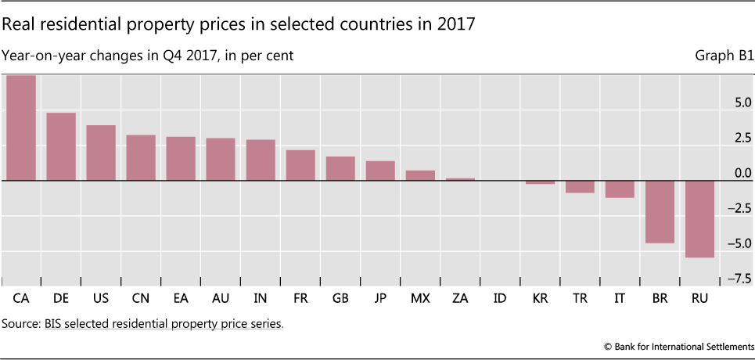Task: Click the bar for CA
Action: pos(21,128)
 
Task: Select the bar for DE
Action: pos(61,146)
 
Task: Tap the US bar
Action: pos(101,153)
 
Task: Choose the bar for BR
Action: pos(659,211)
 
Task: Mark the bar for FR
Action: pos(300,165)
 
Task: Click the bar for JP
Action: pos(380,171)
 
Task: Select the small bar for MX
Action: pos(420,175)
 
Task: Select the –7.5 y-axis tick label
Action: pos(738,279)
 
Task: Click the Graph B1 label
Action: pos(723,56)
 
